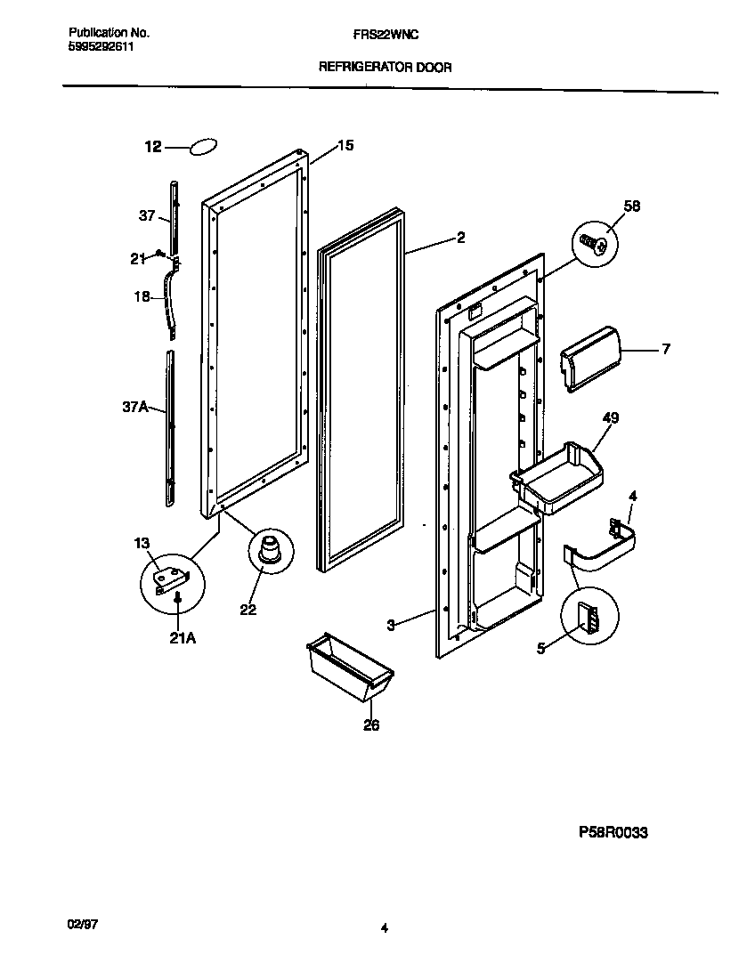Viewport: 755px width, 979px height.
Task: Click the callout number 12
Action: click(x=153, y=148)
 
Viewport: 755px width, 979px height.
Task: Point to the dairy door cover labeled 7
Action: click(x=589, y=356)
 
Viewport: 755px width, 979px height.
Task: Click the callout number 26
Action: click(x=371, y=725)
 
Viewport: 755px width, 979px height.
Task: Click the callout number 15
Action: click(x=345, y=144)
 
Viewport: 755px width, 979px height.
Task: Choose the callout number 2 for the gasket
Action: click(x=460, y=238)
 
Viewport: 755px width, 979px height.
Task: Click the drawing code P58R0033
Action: click(x=613, y=832)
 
